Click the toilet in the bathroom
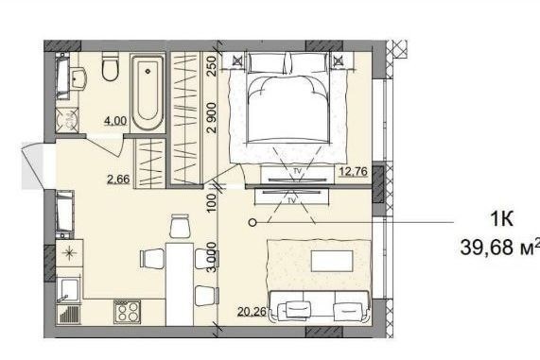111,66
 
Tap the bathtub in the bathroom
148,93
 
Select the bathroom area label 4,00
115,121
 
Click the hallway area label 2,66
118,180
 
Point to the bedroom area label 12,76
354,171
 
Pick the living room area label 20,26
253,312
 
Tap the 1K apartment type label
502,218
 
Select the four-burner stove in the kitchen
127,312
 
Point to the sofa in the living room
321,307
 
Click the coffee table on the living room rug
332,261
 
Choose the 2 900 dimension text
212,118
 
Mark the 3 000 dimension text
212,257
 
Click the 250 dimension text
212,66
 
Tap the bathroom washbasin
79,78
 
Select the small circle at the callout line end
253,223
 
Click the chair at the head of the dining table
180,226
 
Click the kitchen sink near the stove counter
70,290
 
